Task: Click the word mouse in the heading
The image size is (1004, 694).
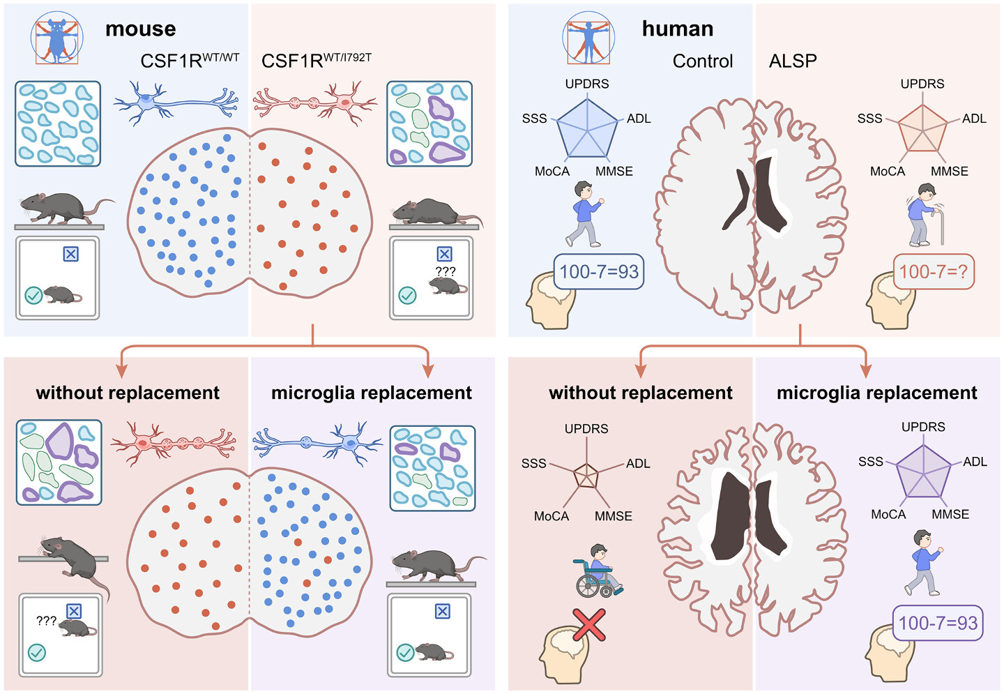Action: coord(140,29)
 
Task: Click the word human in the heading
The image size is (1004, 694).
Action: coord(677,29)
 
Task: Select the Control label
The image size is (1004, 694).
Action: coord(702,61)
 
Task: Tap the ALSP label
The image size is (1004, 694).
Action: coord(793,61)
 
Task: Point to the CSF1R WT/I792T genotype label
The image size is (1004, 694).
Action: coord(316,61)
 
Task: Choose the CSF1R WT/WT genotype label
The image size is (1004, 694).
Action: coord(190,61)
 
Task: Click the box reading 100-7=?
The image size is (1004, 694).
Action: coord(934,271)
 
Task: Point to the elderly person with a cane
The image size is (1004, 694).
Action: coord(925,215)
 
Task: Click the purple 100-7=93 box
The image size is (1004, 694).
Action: coord(938,623)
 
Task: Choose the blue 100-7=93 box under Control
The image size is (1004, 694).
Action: coord(598,271)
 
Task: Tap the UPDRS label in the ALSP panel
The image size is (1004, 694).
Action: coord(922,84)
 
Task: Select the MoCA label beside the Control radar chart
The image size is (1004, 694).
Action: coord(552,172)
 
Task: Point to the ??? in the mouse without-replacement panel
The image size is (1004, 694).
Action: coord(46,621)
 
